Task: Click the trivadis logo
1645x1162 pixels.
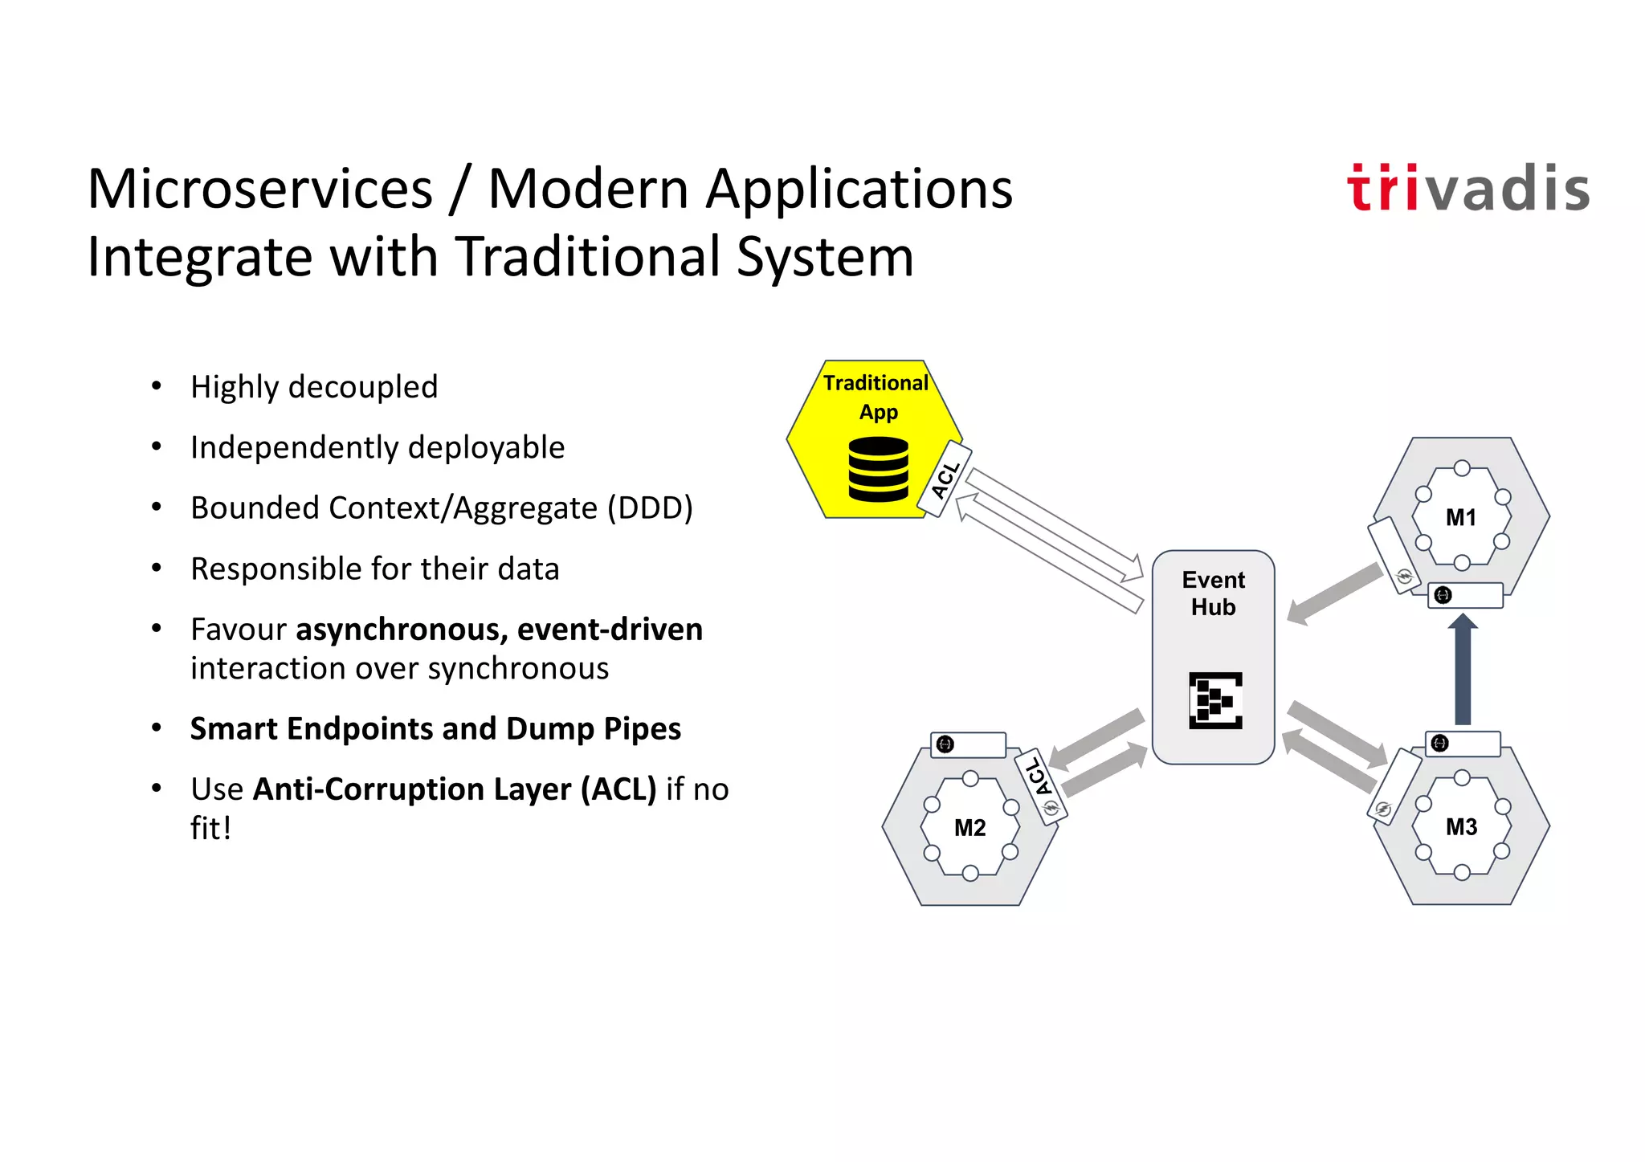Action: pyautogui.click(x=1467, y=189)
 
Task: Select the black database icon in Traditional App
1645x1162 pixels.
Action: pyautogui.click(x=878, y=469)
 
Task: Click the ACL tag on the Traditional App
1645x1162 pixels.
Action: pyautogui.click(x=945, y=479)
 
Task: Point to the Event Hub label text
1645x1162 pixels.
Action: pyautogui.click(x=1213, y=593)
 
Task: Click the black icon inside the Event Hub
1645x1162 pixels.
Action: pyautogui.click(x=1215, y=700)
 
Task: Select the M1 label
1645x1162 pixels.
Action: pyautogui.click(x=1460, y=518)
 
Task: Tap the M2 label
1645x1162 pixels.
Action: pyautogui.click(x=969, y=828)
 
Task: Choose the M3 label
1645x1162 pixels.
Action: pyautogui.click(x=1461, y=827)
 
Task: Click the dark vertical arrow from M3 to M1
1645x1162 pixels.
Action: pyautogui.click(x=1463, y=671)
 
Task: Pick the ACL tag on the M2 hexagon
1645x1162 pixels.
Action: pyautogui.click(x=1039, y=785)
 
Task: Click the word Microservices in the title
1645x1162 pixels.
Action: pyautogui.click(x=260, y=190)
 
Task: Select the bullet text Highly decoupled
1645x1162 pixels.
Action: pyautogui.click(x=314, y=387)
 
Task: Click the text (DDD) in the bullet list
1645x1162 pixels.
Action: pyautogui.click(x=650, y=508)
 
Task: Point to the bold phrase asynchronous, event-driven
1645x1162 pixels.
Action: pyautogui.click(x=499, y=630)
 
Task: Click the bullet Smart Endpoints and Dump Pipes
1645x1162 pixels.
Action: pyautogui.click(x=435, y=728)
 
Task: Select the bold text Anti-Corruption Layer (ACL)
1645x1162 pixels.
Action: pyautogui.click(x=455, y=789)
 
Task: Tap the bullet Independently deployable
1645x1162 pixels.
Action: pyautogui.click(x=378, y=447)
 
